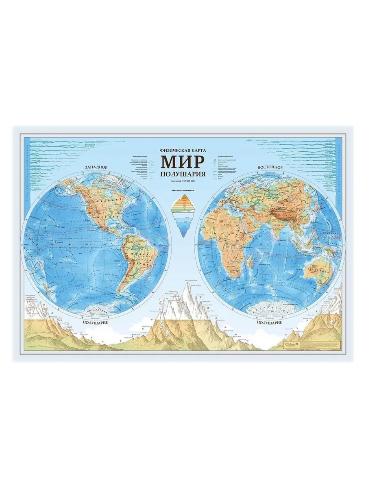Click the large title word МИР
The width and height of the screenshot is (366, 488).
coord(183,162)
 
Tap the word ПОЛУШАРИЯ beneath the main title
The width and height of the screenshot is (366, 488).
coord(183,174)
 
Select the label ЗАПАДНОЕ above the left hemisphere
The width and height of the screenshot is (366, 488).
coord(96,168)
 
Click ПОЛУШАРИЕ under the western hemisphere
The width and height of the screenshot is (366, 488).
coord(97,322)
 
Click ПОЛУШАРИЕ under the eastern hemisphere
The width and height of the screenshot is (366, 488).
coord(269,322)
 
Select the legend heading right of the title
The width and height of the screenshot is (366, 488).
coord(225,156)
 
